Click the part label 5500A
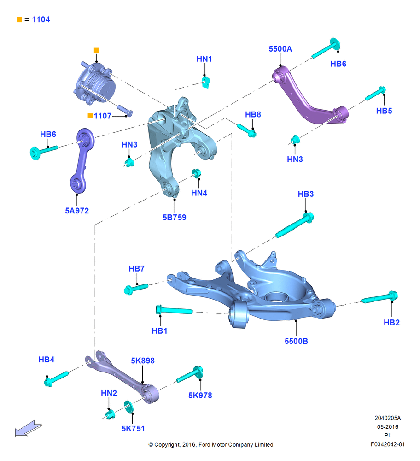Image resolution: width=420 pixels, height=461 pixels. click(x=280, y=49)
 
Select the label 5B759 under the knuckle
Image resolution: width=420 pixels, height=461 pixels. click(x=175, y=217)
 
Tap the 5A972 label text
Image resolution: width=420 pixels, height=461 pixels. click(x=77, y=211)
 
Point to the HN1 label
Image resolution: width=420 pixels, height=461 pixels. click(x=204, y=59)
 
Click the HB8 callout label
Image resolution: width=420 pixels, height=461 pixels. click(x=253, y=114)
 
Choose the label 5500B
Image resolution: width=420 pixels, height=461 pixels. click(x=296, y=341)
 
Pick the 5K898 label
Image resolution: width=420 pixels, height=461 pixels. click(x=143, y=361)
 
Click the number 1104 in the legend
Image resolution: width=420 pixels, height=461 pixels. click(x=41, y=19)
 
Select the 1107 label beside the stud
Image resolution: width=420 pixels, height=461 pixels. click(x=103, y=116)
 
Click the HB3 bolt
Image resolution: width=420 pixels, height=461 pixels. click(x=295, y=225)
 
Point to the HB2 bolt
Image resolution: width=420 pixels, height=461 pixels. click(x=379, y=297)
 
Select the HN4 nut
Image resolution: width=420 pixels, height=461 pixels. click(x=197, y=173)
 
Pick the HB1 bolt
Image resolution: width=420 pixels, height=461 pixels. click(x=174, y=310)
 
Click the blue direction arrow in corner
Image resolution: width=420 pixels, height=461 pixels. click(x=28, y=429)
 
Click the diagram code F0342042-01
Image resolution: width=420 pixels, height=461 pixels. click(x=387, y=444)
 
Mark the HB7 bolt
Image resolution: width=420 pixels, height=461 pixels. click(x=136, y=288)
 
